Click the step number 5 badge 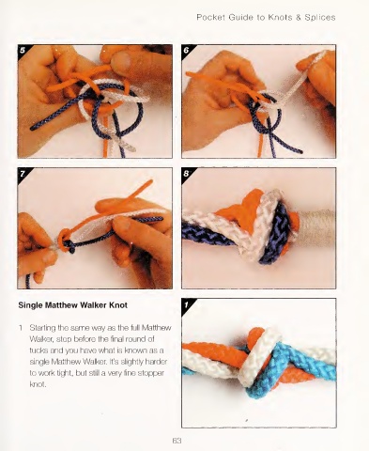pos(23,50)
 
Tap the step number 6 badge pos(187,50)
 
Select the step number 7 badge pos(23,173)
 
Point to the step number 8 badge pos(187,173)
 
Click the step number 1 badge pos(187,303)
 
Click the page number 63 pos(177,441)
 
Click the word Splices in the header pos(320,17)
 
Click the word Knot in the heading pos(118,305)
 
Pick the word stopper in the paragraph pos(151,373)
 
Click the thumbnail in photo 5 pos(122,60)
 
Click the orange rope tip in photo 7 pos(151,181)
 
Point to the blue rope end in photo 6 pos(300,151)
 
